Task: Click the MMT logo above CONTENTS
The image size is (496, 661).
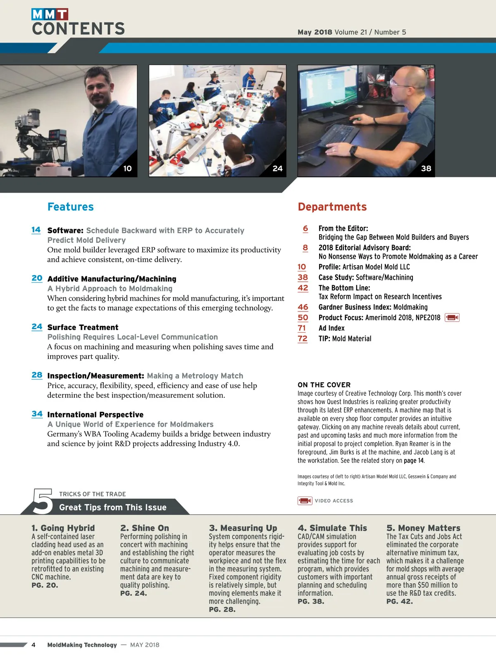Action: pos(50,14)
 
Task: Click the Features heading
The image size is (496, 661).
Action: pos(71,207)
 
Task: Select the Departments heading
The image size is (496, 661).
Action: pos(332,207)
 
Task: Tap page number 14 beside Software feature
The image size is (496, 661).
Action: pos(36,230)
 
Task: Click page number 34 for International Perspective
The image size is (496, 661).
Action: pos(37,414)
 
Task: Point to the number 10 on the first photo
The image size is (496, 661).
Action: pos(127,169)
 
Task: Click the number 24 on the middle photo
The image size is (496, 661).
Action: pos(277,169)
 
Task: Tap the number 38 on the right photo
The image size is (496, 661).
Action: pos(426,169)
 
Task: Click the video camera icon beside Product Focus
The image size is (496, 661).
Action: pos(452,317)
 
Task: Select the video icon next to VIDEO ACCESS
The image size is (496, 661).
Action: pos(305,501)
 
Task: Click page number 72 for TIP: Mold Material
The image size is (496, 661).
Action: pos(303,338)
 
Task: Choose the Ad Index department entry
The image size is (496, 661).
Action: pos(331,328)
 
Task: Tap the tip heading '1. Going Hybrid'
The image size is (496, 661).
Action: pos(63,528)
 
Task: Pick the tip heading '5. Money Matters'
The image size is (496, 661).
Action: pos(423,528)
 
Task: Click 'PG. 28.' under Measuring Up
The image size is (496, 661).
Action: pos(222,609)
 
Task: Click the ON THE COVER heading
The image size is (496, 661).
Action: pos(324,385)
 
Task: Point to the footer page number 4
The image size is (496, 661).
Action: pos(33,645)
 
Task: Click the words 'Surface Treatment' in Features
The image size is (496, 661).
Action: pos(83,327)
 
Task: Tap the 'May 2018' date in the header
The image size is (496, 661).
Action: pos(315,32)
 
